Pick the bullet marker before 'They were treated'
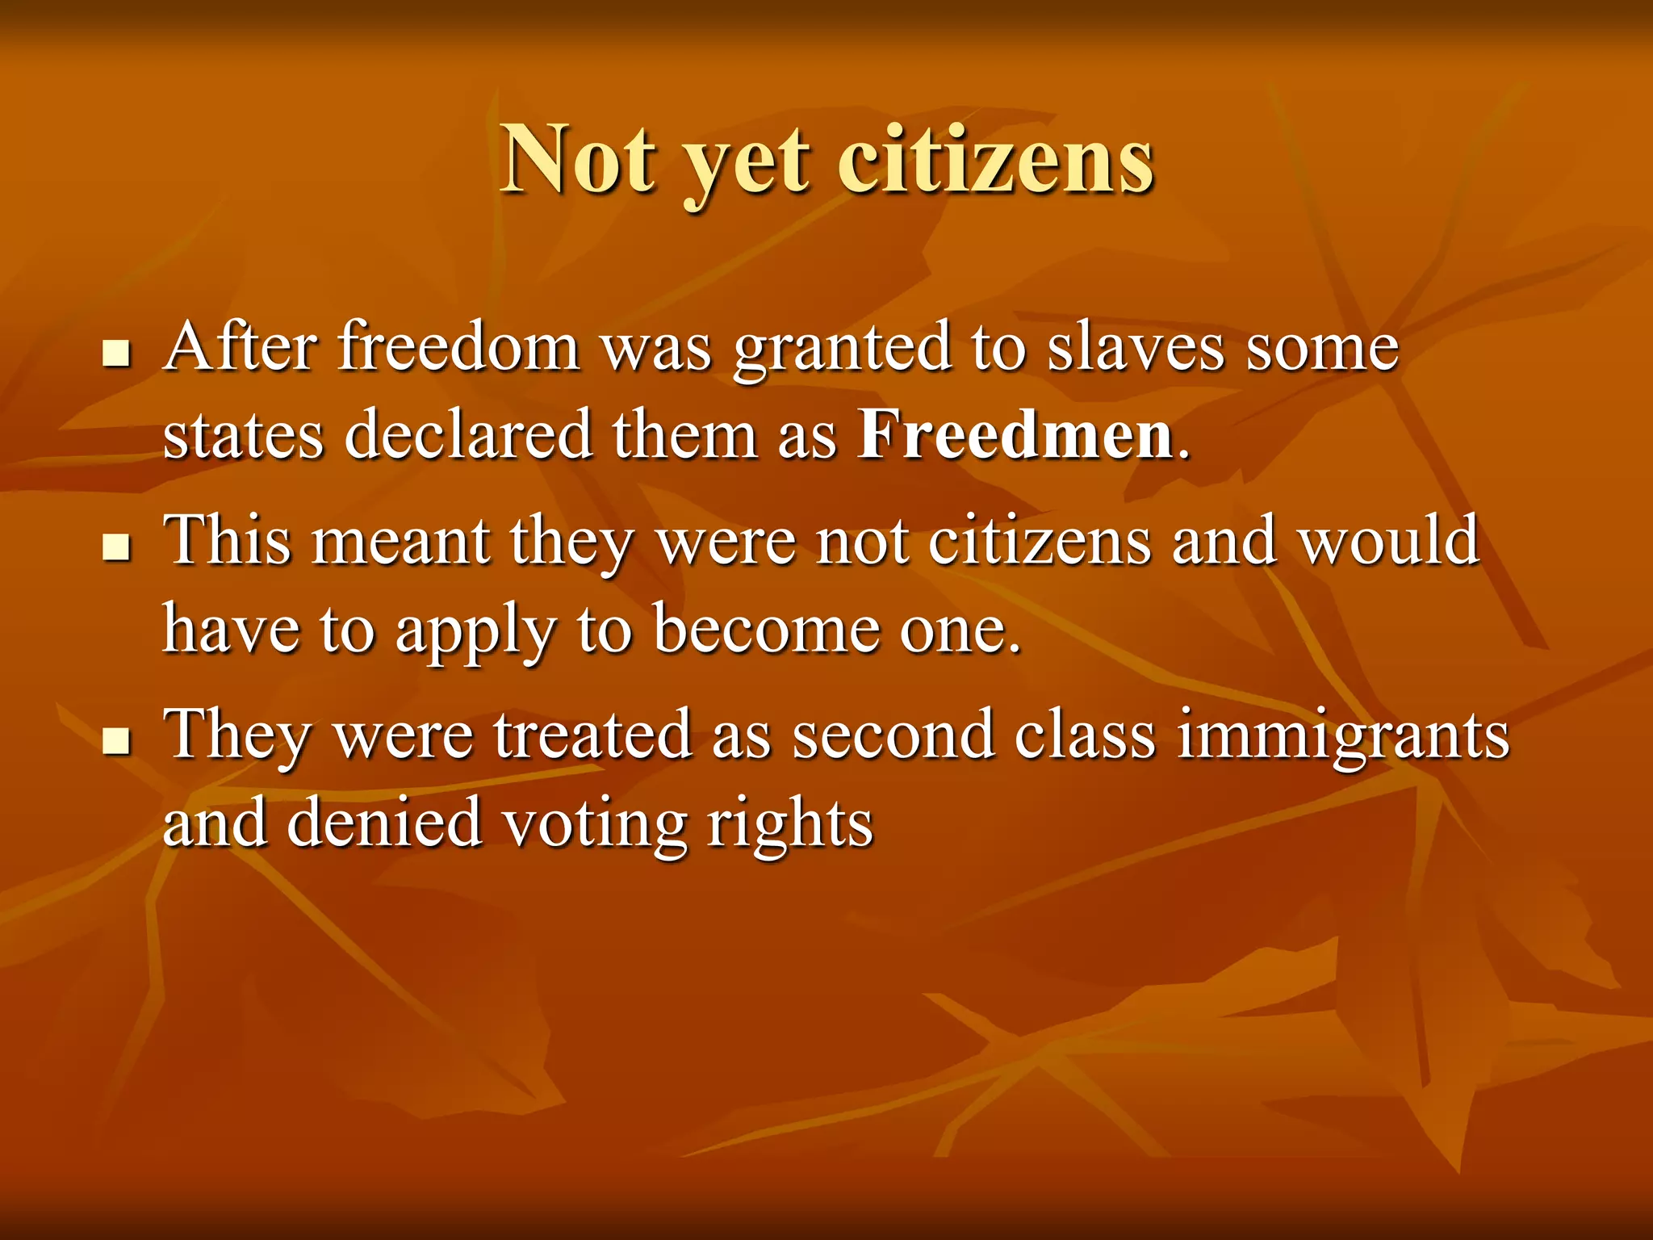click(118, 740)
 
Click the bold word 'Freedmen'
click(1015, 435)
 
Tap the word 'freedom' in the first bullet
click(458, 347)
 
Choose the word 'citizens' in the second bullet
click(1040, 540)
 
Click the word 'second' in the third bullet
click(893, 735)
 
